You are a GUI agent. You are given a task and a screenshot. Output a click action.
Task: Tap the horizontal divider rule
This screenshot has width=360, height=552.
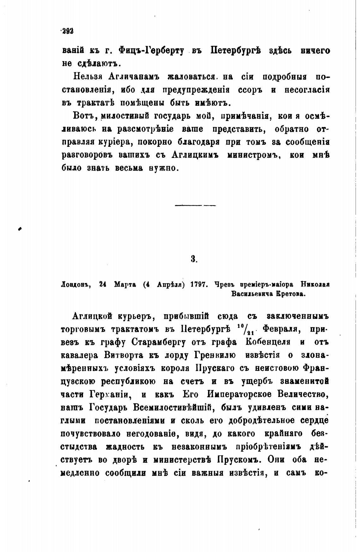195,206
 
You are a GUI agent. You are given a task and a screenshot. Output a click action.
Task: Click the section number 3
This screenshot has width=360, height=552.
194,259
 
